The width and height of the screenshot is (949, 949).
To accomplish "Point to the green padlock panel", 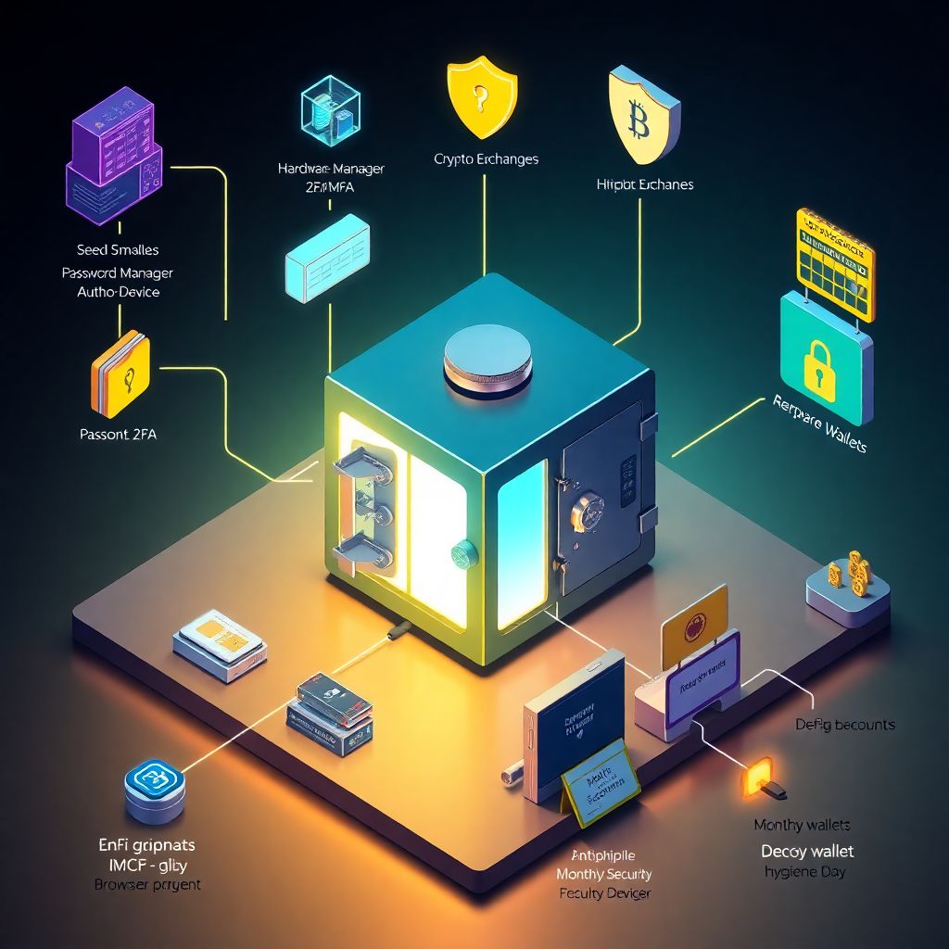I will tap(825, 358).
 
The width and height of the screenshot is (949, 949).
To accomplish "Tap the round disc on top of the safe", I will tap(487, 358).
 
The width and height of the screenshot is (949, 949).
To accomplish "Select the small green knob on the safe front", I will tap(464, 554).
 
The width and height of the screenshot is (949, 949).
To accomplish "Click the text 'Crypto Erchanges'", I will tap(486, 159).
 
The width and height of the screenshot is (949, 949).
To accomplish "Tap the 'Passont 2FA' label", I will tap(119, 434).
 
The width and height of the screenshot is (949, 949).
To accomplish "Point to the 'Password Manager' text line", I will tap(118, 273).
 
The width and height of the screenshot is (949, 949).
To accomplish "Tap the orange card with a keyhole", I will tap(120, 373).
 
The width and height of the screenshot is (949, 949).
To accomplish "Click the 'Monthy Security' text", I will tap(603, 874).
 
